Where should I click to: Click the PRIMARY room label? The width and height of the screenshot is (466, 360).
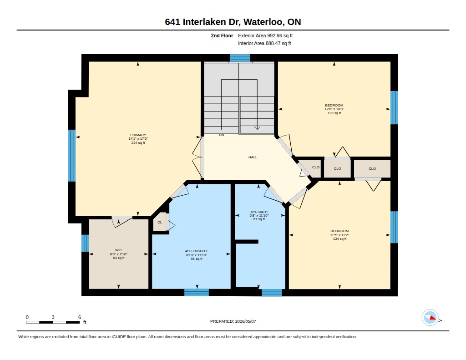click(138, 135)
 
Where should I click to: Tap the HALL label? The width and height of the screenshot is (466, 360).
click(253, 157)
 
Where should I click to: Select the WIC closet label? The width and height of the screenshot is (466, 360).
click(119, 250)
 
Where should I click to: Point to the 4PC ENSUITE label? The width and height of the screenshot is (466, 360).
click(197, 251)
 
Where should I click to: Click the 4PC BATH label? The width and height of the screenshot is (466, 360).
click(259, 212)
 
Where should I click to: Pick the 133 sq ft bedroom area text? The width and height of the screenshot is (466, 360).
click(334, 113)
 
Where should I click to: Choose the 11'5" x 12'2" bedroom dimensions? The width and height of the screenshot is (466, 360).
click(339, 235)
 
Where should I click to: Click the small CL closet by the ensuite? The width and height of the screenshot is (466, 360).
click(160, 223)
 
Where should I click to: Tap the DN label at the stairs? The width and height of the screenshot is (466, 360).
click(222, 135)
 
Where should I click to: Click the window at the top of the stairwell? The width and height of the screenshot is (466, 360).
click(240, 58)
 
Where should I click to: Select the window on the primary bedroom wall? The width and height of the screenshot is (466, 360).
click(72, 156)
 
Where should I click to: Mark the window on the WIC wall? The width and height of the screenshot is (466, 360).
click(85, 243)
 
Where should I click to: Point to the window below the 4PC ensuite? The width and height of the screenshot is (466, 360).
click(197, 293)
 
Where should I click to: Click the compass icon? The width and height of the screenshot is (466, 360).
click(430, 318)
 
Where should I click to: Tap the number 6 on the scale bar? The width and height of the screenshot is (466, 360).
click(80, 317)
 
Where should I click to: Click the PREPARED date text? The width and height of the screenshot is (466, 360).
click(233, 321)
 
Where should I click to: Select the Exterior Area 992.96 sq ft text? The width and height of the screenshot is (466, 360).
click(265, 35)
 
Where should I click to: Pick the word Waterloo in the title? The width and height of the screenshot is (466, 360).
click(263, 22)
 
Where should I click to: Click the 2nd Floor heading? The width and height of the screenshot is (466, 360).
click(222, 35)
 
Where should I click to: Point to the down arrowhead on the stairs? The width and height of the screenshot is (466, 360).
click(258, 128)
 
